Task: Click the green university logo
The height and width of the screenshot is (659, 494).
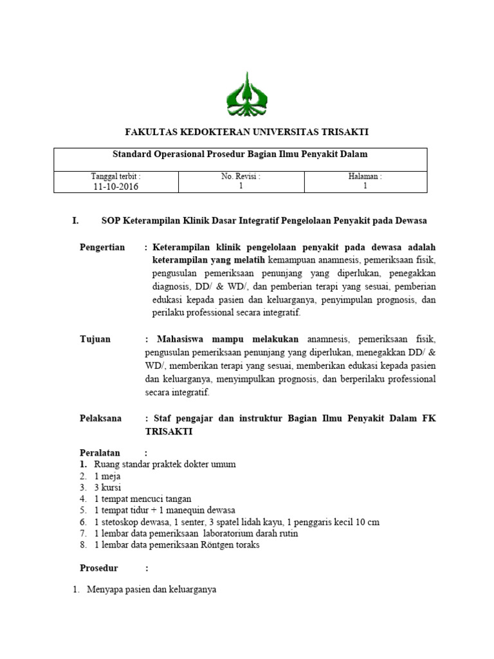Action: (x=247, y=95)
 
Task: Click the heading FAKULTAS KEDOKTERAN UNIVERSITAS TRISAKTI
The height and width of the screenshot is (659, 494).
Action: (x=246, y=132)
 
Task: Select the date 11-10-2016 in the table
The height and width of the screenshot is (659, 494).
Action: (x=116, y=187)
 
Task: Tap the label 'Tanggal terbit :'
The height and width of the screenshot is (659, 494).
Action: (x=116, y=176)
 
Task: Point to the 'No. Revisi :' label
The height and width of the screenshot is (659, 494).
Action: (x=241, y=176)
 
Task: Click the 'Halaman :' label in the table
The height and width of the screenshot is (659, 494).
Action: (x=365, y=176)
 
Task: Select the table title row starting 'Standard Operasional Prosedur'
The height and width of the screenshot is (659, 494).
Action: (x=240, y=154)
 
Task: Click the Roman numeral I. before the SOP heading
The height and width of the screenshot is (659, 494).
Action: (x=75, y=221)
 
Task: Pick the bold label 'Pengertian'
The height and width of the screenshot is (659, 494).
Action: (x=102, y=248)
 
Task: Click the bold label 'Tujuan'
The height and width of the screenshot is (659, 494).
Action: (x=95, y=339)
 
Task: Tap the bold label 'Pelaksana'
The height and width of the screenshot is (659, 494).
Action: (x=100, y=418)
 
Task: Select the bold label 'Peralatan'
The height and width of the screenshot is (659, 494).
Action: (x=100, y=452)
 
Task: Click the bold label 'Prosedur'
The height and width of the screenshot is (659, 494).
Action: (x=99, y=568)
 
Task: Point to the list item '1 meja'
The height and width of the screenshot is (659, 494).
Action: (x=107, y=476)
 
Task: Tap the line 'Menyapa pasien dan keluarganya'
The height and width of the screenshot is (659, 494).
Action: (x=152, y=589)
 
